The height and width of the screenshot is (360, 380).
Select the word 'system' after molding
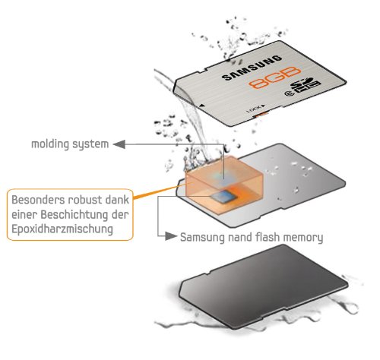(x=92, y=144)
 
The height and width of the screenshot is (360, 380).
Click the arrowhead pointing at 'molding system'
(x=119, y=142)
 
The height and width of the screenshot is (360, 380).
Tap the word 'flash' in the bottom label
(x=269, y=237)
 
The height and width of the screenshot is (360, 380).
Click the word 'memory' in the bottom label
(x=306, y=237)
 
